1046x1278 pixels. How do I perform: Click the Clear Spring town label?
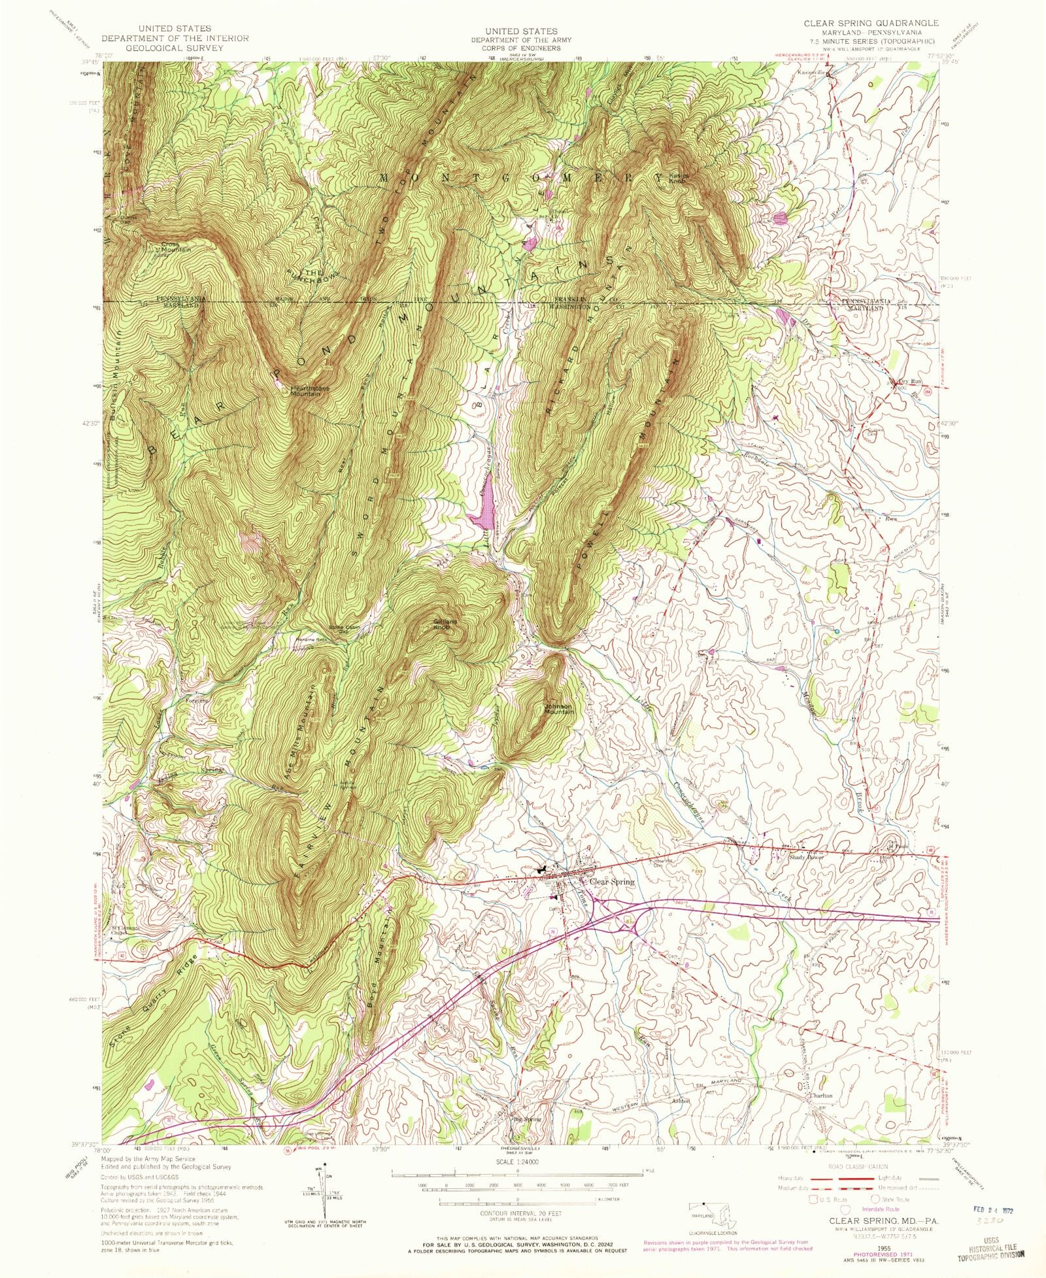[611, 882]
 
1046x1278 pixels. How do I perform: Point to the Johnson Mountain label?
[559, 709]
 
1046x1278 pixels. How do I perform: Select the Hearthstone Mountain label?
[310, 391]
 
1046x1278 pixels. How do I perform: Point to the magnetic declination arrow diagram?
[321, 1192]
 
